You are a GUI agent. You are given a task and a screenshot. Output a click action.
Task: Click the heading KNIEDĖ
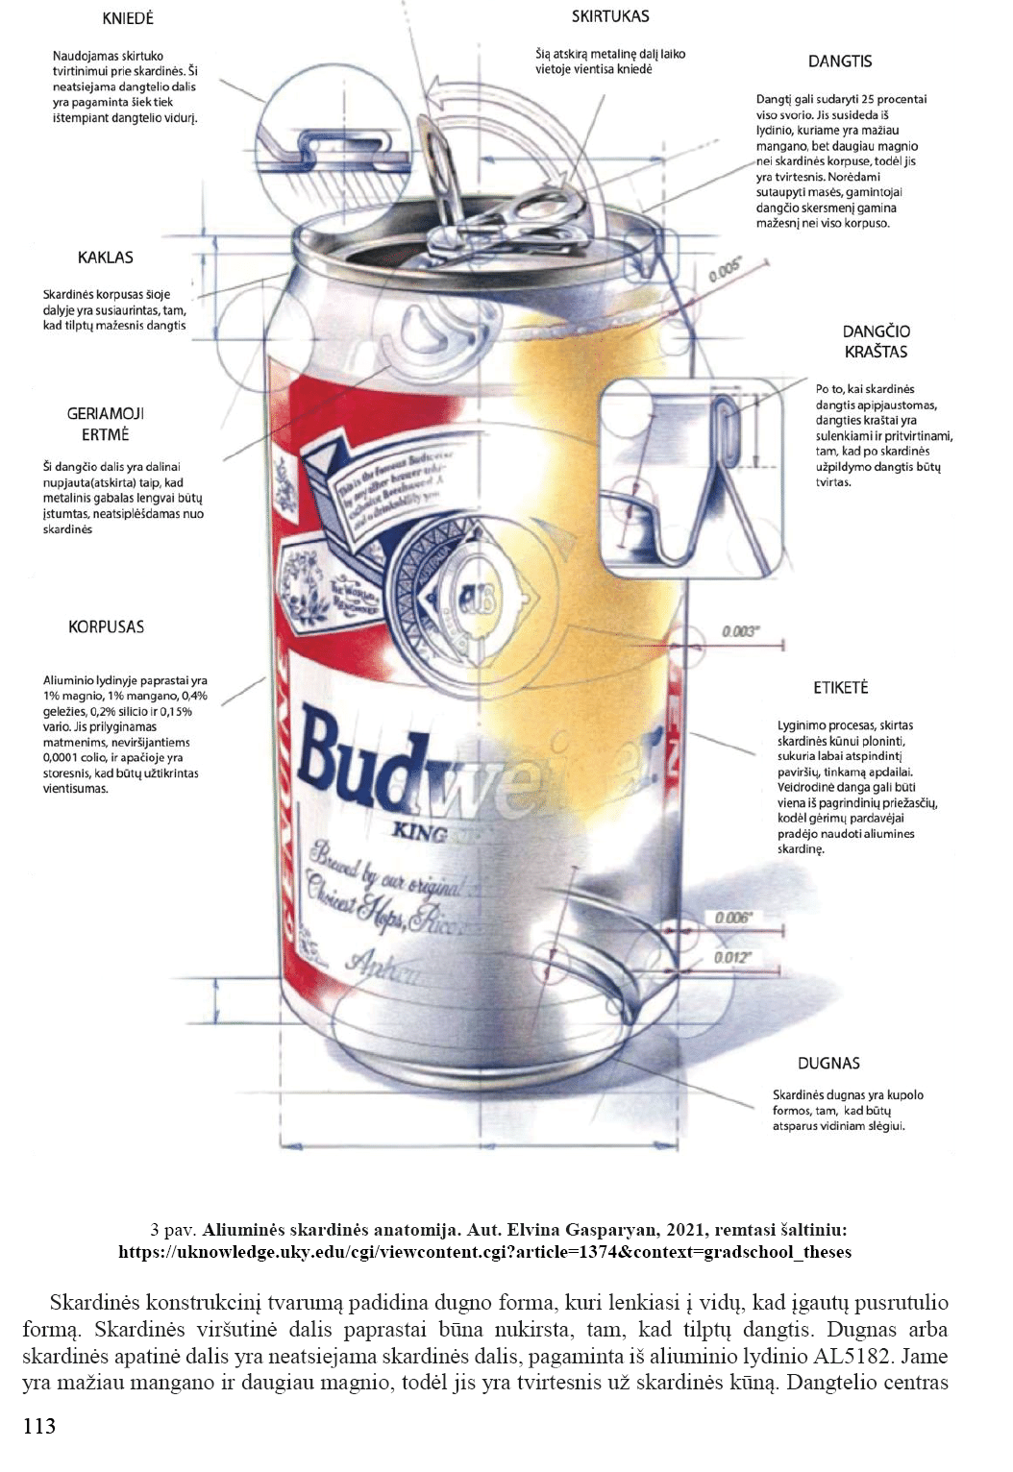(128, 18)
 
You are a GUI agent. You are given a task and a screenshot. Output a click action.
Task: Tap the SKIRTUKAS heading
(610, 16)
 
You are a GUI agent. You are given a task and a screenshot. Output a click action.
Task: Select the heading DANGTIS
(839, 61)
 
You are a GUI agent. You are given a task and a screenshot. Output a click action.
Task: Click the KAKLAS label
(106, 258)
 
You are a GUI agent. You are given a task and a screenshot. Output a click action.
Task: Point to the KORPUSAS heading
(106, 626)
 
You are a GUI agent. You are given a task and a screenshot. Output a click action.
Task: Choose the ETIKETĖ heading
(840, 688)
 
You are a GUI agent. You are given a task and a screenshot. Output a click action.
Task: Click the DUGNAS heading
(828, 1063)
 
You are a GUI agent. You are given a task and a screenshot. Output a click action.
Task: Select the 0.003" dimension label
(740, 631)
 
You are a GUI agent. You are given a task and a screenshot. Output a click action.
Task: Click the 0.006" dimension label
(732, 918)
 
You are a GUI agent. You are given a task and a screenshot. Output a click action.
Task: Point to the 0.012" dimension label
(732, 957)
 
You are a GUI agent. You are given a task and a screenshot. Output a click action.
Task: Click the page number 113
(39, 1426)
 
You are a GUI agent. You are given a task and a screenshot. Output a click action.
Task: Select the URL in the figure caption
(484, 1252)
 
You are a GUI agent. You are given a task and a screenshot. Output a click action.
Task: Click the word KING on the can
(420, 831)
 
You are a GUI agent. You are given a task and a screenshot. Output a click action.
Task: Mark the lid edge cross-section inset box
(690, 478)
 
